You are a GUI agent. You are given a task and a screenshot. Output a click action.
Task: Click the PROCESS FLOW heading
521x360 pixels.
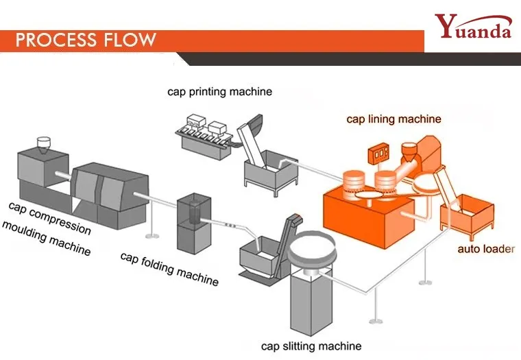pos(86,40)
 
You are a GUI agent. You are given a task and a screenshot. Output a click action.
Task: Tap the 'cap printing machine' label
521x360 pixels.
pos(219,92)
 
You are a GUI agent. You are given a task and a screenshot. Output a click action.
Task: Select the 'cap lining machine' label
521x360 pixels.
pos(393,119)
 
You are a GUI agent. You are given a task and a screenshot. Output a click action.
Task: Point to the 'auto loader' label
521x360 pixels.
pos(486,249)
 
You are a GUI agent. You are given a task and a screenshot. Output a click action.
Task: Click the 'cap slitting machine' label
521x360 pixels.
pos(311,346)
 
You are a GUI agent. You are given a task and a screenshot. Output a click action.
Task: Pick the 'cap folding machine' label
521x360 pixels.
pos(169,269)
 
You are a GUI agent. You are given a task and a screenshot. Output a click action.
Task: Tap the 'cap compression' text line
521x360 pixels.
pos(50,218)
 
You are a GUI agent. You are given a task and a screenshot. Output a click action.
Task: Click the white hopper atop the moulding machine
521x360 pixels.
pos(43,145)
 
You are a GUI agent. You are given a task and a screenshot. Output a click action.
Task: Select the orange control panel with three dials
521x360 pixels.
pos(378,154)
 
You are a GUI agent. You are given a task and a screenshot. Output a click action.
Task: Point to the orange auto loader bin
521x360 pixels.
pos(467,217)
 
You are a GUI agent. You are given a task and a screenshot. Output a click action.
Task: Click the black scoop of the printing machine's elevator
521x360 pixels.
pos(256,123)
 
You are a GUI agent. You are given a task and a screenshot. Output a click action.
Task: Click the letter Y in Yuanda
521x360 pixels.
pos(446,25)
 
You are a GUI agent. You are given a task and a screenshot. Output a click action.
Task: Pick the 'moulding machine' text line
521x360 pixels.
pos(46,239)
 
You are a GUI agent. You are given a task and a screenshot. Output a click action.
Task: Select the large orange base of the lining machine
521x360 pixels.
pos(369,216)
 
